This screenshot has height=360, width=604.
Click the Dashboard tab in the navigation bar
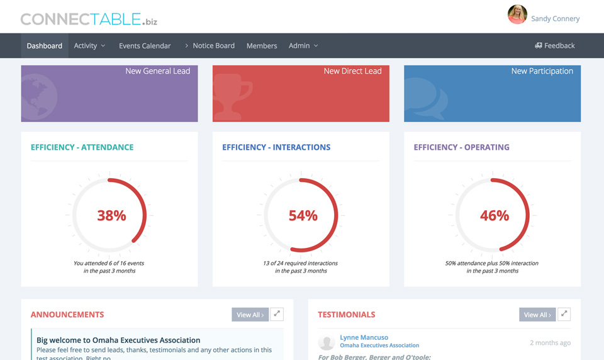[44, 46]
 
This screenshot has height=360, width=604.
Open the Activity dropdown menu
[89, 46]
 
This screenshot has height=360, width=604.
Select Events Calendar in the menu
[145, 46]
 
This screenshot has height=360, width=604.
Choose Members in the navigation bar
[262, 46]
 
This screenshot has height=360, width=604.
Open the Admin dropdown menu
[303, 46]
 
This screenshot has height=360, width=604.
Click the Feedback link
[555, 46]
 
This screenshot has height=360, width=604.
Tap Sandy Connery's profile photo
[517, 14]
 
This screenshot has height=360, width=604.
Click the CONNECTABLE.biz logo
[89, 20]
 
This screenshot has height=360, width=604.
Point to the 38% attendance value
[111, 216]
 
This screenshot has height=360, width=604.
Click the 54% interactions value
[303, 216]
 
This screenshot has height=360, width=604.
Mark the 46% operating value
[495, 216]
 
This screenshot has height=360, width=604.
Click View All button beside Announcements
[250, 315]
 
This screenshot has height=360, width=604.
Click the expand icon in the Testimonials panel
[564, 314]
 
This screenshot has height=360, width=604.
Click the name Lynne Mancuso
[364, 337]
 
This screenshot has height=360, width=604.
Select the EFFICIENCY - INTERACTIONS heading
[276, 147]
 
